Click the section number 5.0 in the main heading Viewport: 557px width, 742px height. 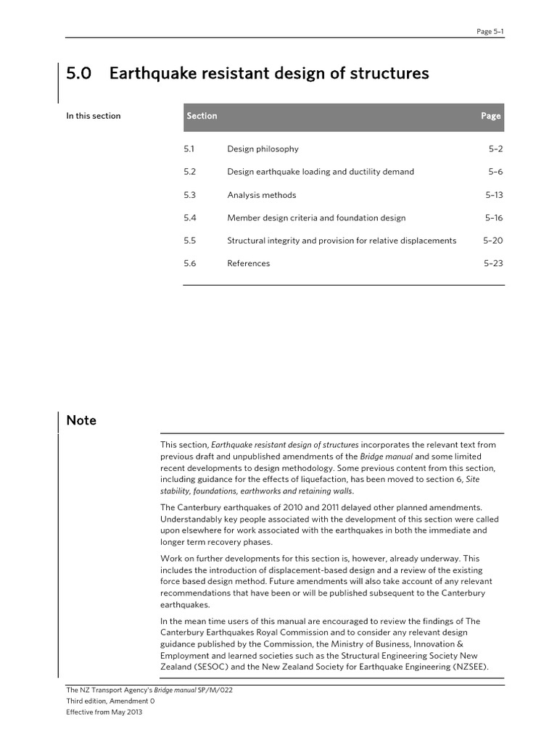[79, 73]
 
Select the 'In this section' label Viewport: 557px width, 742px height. [94, 116]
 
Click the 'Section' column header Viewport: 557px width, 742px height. [202, 116]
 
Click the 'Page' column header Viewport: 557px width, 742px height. [490, 116]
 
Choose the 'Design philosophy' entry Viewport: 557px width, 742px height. [263, 149]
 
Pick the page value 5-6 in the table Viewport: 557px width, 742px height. [495, 172]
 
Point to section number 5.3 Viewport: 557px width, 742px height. [190, 195]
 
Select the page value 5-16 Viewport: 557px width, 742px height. [494, 217]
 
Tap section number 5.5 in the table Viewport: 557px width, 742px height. [190, 241]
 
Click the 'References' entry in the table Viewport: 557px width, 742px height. [248, 264]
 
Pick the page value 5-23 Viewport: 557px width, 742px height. [493, 264]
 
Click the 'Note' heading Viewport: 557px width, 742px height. [81, 421]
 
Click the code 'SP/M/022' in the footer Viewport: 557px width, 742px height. [215, 690]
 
